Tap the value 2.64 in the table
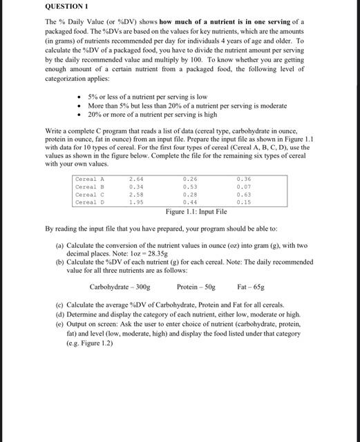(136, 180)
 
